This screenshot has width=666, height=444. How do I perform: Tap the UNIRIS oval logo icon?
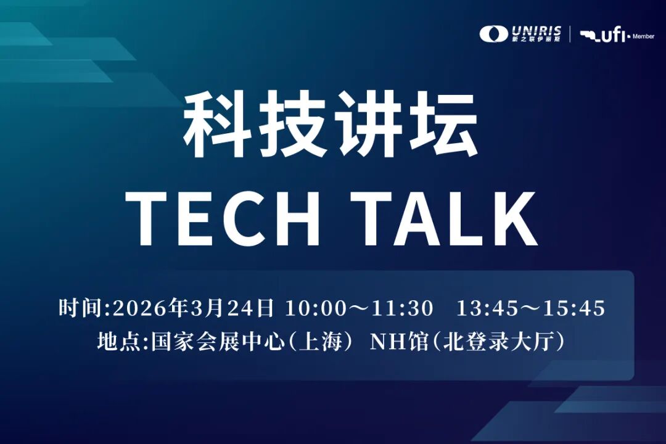[494, 34]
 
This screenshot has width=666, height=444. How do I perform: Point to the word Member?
[643, 36]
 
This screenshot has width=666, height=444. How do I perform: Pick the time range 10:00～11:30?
[360, 308]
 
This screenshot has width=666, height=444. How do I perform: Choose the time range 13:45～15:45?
[530, 308]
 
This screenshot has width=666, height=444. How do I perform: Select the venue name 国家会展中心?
[218, 341]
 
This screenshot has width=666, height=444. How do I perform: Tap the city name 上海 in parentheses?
[321, 341]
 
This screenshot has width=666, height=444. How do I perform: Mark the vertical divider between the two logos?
[570, 34]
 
